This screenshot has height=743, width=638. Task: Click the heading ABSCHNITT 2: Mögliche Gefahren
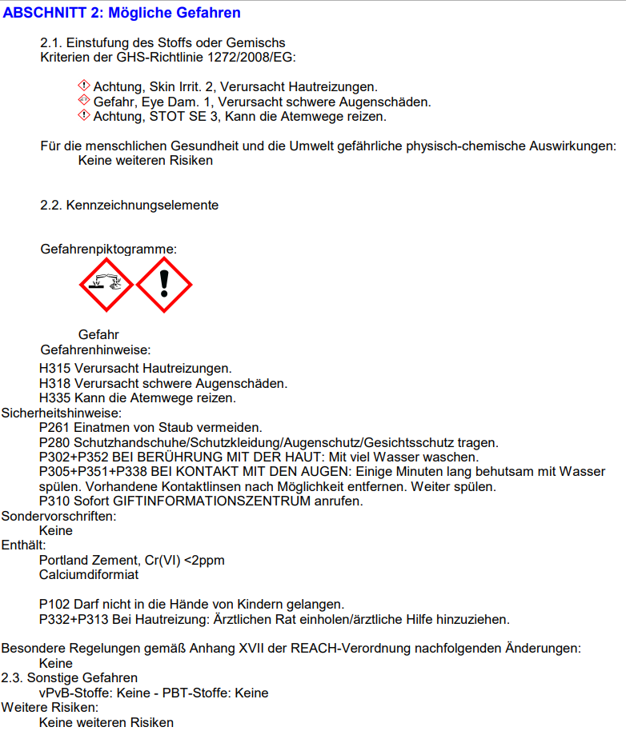pos(122,13)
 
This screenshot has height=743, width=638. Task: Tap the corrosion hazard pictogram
pos(106,284)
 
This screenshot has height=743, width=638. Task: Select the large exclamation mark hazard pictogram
pos(164,284)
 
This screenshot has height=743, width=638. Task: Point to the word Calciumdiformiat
pos(89,574)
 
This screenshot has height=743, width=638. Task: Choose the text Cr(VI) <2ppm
pos(187,560)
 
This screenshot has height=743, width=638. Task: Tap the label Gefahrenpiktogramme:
pos(109,250)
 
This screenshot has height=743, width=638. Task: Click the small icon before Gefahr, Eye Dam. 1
pos(83,101)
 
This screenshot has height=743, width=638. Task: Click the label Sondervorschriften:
pos(59,516)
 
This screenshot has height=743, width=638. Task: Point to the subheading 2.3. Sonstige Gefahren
pos(70,678)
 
